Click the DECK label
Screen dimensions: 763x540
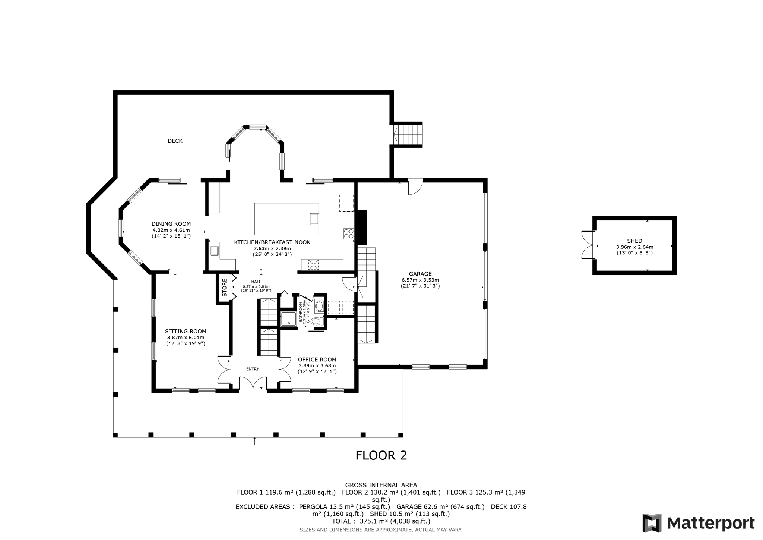175,141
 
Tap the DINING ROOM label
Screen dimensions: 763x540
171,224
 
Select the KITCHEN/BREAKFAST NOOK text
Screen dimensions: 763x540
272,242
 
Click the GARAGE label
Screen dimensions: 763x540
420,274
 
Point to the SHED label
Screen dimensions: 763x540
634,241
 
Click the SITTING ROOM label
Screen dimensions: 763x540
186,332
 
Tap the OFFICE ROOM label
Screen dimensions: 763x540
317,360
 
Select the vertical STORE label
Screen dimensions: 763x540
225,288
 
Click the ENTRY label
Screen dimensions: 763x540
253,369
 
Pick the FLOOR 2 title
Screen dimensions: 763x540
381,455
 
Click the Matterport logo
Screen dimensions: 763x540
699,523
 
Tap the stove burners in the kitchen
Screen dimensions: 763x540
349,234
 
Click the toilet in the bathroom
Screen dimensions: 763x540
317,321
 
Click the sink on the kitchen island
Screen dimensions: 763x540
314,219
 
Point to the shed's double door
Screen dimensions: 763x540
588,245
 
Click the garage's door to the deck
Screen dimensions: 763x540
416,187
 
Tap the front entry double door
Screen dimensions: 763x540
253,383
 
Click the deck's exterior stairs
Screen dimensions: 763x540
408,135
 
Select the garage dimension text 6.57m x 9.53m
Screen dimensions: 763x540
420,280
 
